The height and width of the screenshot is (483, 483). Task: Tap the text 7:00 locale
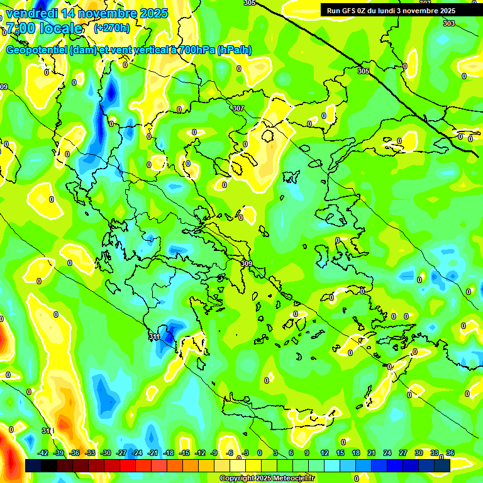(x=44, y=28)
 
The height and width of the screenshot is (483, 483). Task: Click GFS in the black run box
(x=353, y=11)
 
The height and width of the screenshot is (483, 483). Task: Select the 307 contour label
(x=238, y=109)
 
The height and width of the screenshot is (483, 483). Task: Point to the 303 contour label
(x=448, y=23)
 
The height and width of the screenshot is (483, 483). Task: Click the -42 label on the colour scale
(x=43, y=453)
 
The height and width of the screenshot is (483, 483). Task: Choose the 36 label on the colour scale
(x=450, y=453)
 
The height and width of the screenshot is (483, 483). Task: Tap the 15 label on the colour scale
(x=340, y=453)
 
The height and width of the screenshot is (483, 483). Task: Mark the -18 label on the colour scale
(x=169, y=453)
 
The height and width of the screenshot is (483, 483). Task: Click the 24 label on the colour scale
(x=387, y=453)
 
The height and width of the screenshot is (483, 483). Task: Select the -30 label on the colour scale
(x=106, y=453)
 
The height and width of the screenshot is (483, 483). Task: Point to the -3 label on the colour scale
(x=245, y=453)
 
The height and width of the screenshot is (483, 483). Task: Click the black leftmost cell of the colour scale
(x=33, y=466)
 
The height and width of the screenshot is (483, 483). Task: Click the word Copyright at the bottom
(x=238, y=479)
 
